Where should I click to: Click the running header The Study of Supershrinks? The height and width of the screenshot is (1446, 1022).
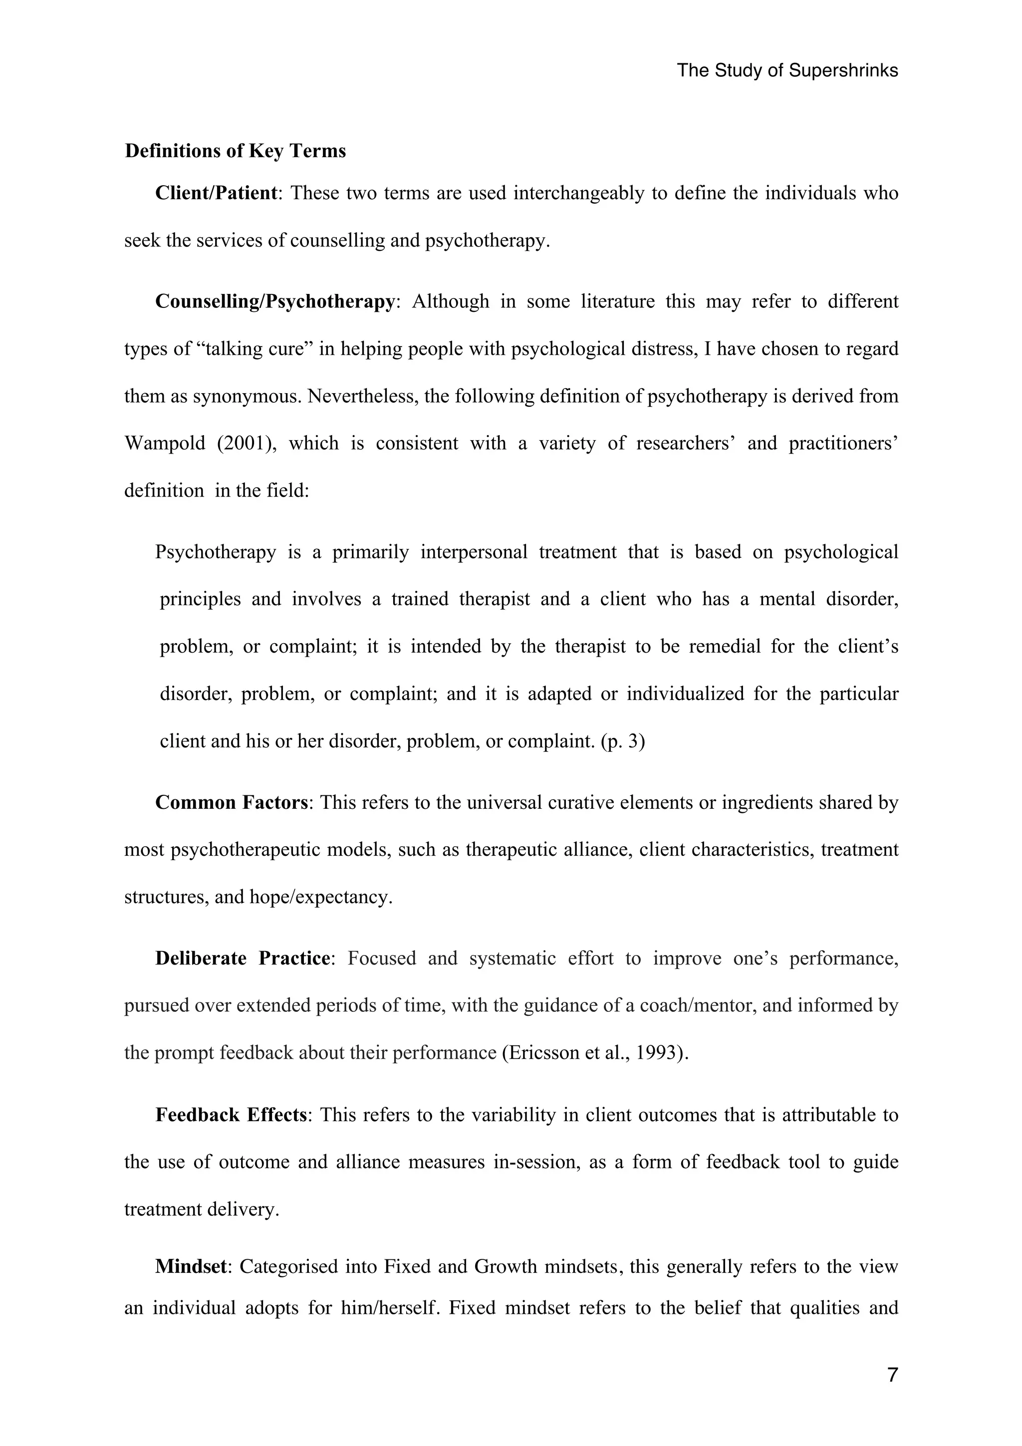(787, 70)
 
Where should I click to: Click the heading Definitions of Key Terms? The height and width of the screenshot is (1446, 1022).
(236, 151)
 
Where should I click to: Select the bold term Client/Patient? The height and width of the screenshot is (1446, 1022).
(216, 193)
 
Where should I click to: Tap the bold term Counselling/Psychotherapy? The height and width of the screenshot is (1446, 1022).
(274, 302)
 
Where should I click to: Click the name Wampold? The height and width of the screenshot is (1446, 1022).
(165, 444)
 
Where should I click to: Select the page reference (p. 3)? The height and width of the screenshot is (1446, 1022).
(623, 741)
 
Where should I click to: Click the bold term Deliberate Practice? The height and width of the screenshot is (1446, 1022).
(243, 959)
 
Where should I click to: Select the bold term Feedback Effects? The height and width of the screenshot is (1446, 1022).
(231, 1115)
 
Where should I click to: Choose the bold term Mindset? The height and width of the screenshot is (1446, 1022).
(190, 1266)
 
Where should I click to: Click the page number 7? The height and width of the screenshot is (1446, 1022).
(892, 1376)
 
